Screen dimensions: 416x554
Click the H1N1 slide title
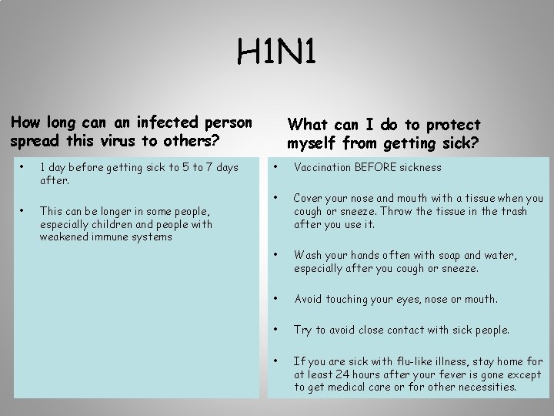(x=276, y=53)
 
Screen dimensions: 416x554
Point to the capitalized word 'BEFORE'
(x=377, y=167)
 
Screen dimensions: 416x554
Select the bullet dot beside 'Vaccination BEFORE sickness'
(x=275, y=166)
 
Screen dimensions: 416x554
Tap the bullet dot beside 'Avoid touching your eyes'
(x=275, y=298)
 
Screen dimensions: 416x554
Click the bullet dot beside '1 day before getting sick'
(x=25, y=166)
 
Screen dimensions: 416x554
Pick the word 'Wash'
(x=308, y=256)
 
